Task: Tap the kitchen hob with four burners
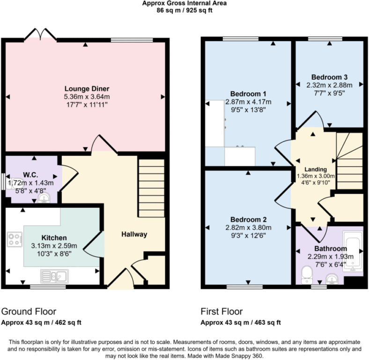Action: [x=15, y=240]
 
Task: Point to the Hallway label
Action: [x=134, y=234]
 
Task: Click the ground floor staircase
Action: [x=151, y=187]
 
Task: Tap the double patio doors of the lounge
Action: [x=40, y=34]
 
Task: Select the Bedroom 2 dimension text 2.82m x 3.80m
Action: [x=249, y=228]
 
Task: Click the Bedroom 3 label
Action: [x=329, y=77]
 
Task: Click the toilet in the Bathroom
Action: [x=306, y=274]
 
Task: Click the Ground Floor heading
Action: [x=29, y=311]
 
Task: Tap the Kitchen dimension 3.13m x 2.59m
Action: [x=54, y=246]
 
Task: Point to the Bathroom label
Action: [x=331, y=248]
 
